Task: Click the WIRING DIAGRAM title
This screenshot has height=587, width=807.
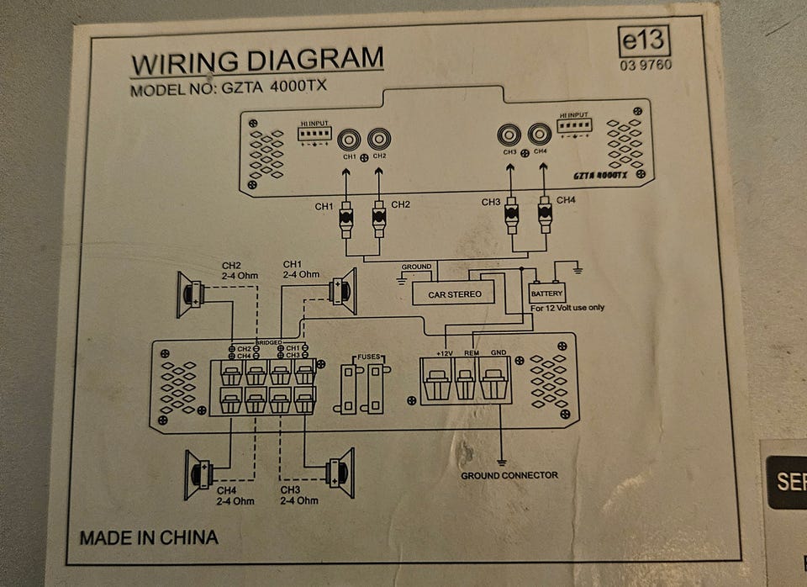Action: click(256, 61)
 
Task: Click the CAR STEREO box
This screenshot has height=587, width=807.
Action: click(454, 293)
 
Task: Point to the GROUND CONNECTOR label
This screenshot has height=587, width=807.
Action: click(509, 476)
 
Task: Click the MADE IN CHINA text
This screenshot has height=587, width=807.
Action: click(149, 537)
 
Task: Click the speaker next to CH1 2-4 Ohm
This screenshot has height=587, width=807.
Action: click(343, 291)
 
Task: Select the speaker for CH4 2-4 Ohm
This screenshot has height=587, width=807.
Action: click(199, 473)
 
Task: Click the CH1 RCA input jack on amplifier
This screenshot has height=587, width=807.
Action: click(349, 138)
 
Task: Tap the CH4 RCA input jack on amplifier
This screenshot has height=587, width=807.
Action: click(540, 135)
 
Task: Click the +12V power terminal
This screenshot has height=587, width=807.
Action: click(437, 383)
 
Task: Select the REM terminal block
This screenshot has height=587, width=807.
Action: click(466, 383)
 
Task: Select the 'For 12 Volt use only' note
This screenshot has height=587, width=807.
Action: click(567, 308)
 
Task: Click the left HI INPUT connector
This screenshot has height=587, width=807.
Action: click(315, 134)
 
